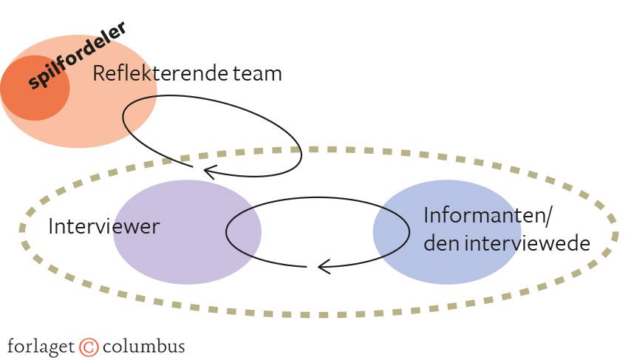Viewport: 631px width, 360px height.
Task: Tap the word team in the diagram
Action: [x=258, y=75]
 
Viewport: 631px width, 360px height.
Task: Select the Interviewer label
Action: [x=103, y=226]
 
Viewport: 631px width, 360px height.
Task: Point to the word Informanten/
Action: [x=488, y=217]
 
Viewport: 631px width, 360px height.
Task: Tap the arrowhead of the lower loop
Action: [x=322, y=265]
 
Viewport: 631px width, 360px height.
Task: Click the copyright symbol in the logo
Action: [x=89, y=346]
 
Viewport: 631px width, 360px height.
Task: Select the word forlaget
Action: [x=41, y=346]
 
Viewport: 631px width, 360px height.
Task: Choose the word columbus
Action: [x=143, y=346]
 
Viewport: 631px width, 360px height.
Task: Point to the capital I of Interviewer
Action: [x=51, y=226]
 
